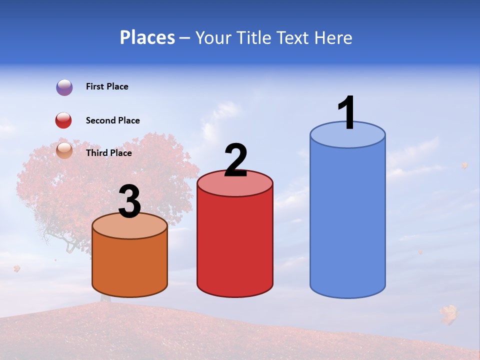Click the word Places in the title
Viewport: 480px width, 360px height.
pyautogui.click(x=147, y=37)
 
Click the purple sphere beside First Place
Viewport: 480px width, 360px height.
pyautogui.click(x=64, y=87)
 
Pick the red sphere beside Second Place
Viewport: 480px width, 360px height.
pyautogui.click(x=63, y=120)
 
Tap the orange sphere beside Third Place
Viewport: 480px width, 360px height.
pyautogui.click(x=64, y=150)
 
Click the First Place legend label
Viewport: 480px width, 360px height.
pyautogui.click(x=107, y=86)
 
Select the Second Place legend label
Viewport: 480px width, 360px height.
pyautogui.click(x=112, y=120)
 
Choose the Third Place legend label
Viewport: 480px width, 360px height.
pyautogui.click(x=108, y=153)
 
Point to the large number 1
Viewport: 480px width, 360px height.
pyautogui.click(x=347, y=113)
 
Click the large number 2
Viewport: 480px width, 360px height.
pyautogui.click(x=235, y=160)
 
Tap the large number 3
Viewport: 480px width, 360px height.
pyautogui.click(x=130, y=202)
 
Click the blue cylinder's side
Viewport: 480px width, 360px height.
pyautogui.click(x=347, y=220)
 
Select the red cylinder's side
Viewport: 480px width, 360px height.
pyautogui.click(x=235, y=245)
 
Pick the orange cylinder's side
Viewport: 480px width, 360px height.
pyautogui.click(x=130, y=265)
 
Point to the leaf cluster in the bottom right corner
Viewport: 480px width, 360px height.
pyautogui.click(x=448, y=314)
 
